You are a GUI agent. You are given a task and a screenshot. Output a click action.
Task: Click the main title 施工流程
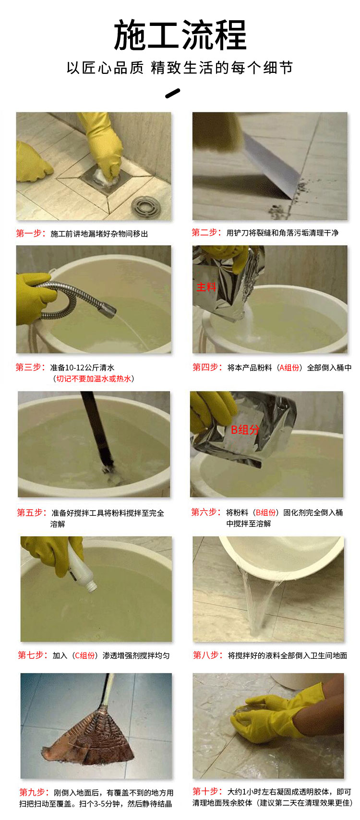point(180,36)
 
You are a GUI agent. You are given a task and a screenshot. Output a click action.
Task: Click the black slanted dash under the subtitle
point(172,94)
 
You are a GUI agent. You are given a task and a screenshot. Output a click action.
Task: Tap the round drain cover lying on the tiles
point(146,205)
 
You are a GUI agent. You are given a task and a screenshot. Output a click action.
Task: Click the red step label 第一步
point(30,233)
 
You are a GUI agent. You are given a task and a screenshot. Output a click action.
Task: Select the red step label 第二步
point(206,232)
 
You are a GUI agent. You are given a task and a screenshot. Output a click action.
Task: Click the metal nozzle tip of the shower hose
point(109,309)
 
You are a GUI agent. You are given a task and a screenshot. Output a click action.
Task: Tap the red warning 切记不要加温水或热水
point(94,379)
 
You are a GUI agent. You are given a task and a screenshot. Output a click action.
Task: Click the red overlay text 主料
point(206,287)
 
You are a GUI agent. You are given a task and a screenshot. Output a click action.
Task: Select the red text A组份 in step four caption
point(290,368)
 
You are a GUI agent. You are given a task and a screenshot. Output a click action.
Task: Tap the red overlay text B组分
point(245,429)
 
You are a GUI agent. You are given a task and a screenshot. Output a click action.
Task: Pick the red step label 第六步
point(206,512)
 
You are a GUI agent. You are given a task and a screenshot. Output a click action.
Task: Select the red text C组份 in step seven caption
point(85,655)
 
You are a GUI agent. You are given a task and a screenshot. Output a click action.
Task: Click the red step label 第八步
point(208,655)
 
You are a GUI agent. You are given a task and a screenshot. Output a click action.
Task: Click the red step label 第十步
point(207,791)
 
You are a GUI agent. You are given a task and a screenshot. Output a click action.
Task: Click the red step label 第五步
point(32,512)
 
